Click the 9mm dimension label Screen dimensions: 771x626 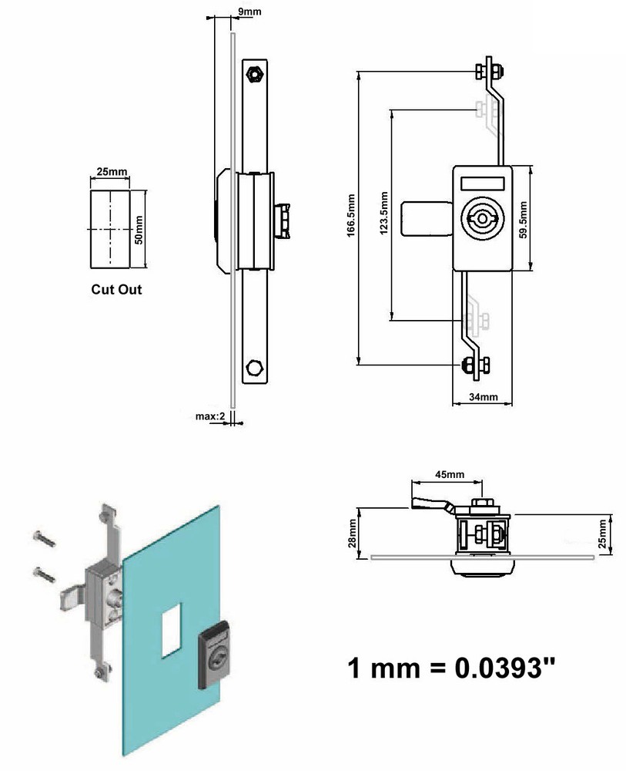(x=248, y=12)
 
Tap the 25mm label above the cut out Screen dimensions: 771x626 (x=112, y=171)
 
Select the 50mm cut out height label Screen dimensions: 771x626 (x=139, y=229)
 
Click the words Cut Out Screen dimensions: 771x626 (x=116, y=290)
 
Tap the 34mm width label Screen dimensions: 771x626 (x=484, y=397)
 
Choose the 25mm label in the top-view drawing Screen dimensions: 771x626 (x=604, y=531)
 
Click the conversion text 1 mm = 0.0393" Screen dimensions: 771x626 (x=450, y=667)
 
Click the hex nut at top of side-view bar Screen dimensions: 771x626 (x=253, y=74)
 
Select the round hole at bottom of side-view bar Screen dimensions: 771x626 (x=253, y=365)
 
